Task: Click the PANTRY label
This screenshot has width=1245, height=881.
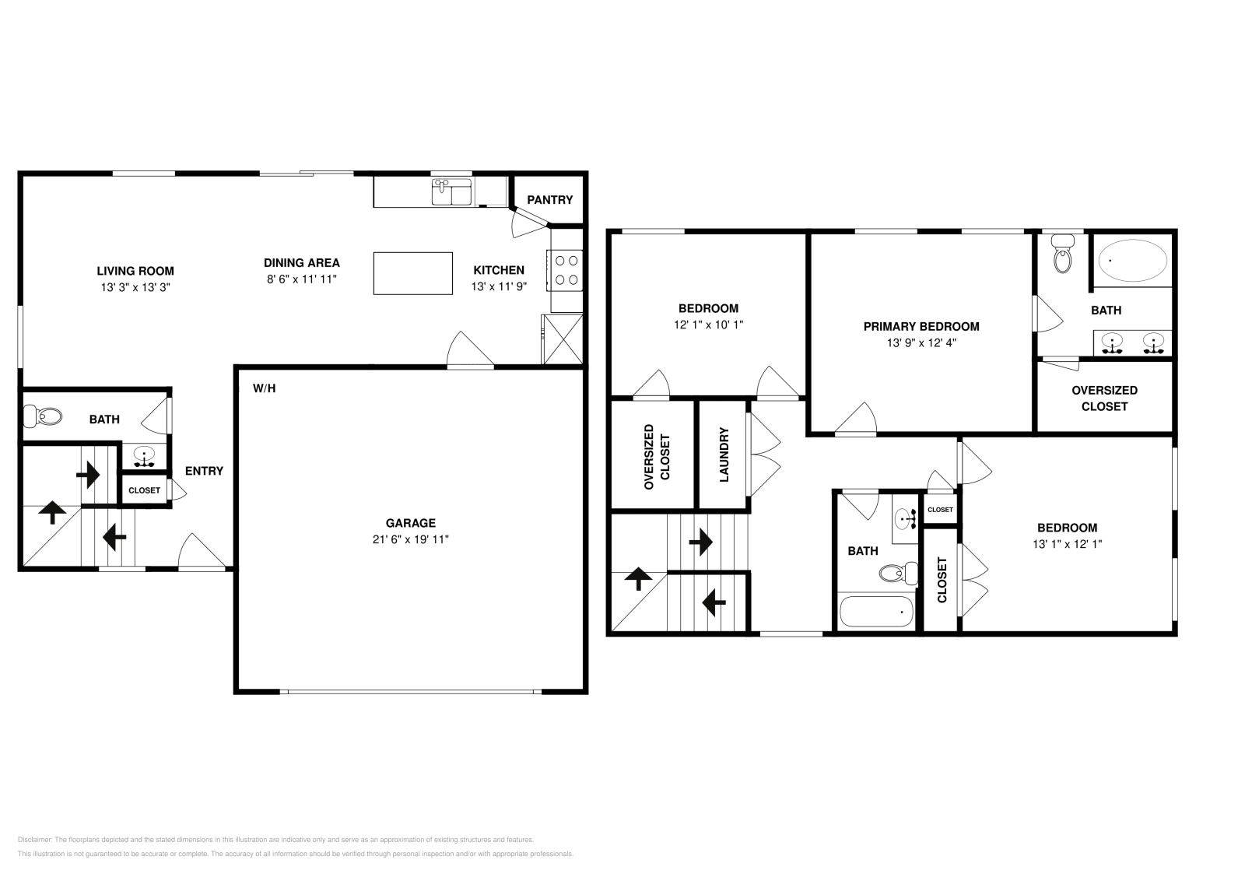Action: tap(549, 200)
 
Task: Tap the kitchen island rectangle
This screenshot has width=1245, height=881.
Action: tap(412, 273)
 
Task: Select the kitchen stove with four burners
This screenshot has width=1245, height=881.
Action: tap(566, 269)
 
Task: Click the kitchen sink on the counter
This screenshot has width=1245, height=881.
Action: tap(451, 191)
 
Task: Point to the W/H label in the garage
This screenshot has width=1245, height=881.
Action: tap(264, 388)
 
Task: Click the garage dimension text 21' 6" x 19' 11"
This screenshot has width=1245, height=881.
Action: tap(410, 539)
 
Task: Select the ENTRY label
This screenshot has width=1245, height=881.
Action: tap(204, 471)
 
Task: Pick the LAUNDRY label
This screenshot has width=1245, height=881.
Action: tap(724, 455)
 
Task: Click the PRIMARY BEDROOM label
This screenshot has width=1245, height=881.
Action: tap(921, 326)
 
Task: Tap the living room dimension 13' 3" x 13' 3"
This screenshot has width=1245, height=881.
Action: tap(135, 286)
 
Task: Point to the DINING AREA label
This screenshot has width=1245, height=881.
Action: tap(301, 263)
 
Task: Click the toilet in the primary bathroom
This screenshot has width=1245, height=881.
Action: tap(1062, 254)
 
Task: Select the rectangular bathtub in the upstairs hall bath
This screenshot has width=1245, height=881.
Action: tap(876, 612)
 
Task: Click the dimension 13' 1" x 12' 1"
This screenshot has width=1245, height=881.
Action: tap(1066, 544)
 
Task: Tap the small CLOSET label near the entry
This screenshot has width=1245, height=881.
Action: tap(144, 490)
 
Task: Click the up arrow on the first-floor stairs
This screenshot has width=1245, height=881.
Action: tap(52, 512)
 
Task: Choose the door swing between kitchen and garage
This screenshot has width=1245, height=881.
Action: tap(469, 350)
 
